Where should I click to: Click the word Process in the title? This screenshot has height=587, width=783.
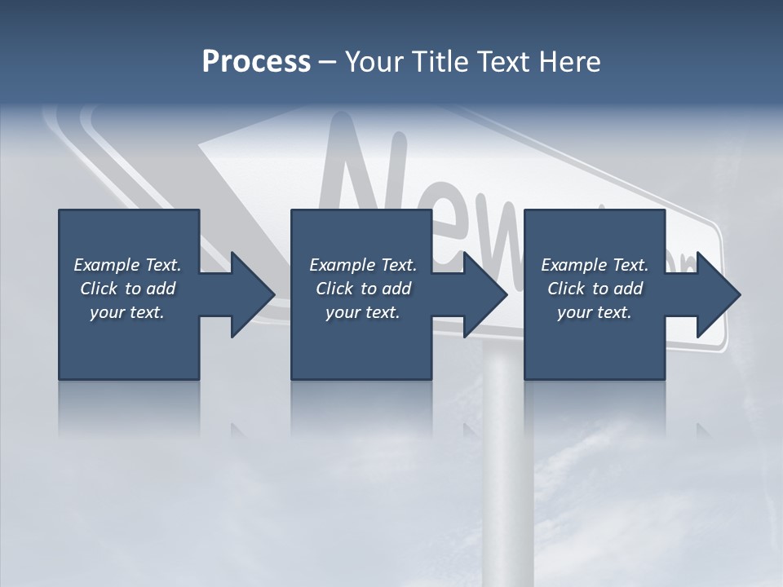[256, 62]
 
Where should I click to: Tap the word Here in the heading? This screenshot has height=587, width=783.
[570, 62]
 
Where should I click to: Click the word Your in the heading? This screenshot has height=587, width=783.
[374, 62]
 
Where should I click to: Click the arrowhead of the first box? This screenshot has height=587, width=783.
[249, 294]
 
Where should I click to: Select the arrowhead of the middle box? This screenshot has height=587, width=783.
[482, 294]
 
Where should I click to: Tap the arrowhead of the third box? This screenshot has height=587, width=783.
[715, 294]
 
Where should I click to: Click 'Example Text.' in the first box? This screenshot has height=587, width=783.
[127, 265]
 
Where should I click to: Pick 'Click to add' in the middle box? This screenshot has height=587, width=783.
[363, 289]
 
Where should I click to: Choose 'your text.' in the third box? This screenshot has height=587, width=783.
[595, 312]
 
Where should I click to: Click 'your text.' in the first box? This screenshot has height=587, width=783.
[127, 312]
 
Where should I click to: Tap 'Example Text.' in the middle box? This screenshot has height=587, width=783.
[363, 265]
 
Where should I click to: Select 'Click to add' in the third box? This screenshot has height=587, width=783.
[595, 289]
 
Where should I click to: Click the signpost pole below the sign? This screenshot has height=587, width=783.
[507, 473]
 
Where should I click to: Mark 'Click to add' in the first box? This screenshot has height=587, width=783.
[127, 289]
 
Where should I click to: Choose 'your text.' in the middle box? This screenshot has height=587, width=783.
[363, 312]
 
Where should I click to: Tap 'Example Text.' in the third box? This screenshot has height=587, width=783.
[595, 265]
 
